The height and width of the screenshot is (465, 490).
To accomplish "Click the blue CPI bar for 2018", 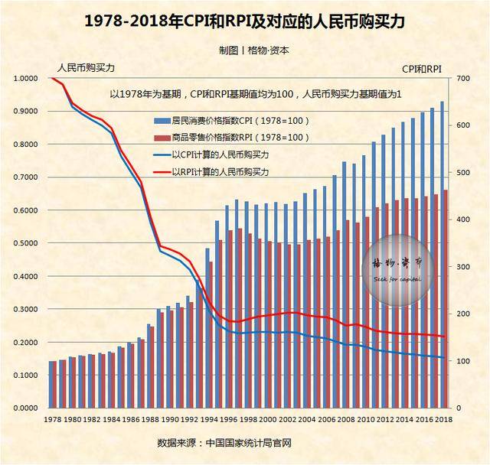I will coord(442,252).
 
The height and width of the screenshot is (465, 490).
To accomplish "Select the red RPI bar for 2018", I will coord(446,298).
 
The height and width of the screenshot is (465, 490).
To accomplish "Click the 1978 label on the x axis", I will coord(52,421).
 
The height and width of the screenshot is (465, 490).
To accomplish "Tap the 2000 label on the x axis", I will coord(267,421).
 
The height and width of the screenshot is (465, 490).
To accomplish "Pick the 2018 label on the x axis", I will coord(443,421).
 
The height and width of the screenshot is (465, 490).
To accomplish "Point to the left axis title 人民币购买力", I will coord(86,68).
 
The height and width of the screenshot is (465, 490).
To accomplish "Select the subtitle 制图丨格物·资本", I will coord(243,50).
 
